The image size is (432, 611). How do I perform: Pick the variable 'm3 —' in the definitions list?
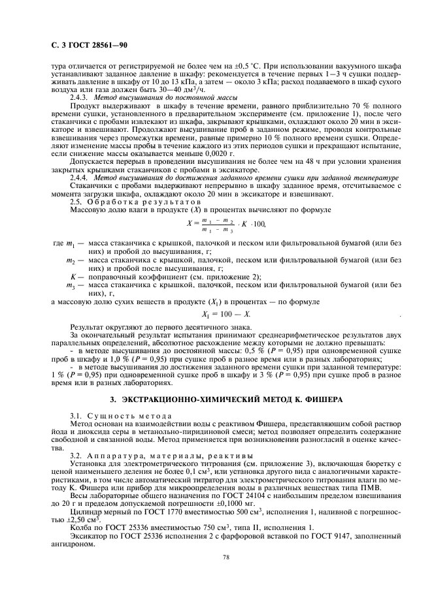point(74,285)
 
